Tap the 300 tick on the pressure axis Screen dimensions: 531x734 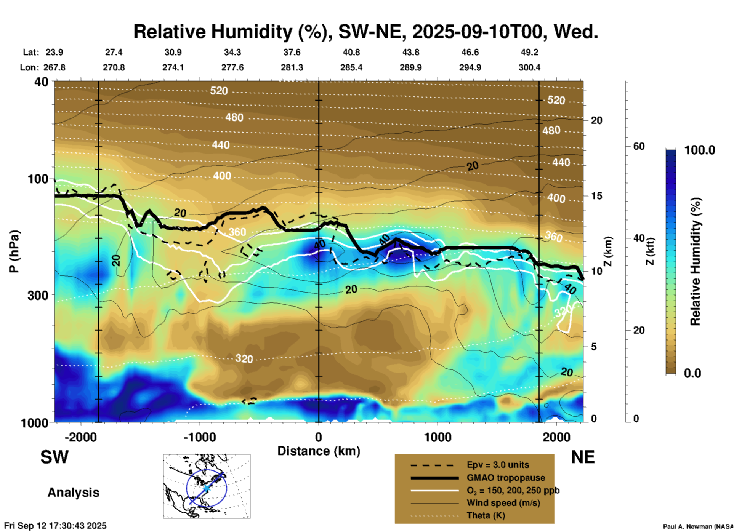pyautogui.click(x=38, y=295)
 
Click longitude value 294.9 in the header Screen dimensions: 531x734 pyautogui.click(x=470, y=67)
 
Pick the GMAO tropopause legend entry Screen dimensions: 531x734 pyautogui.click(x=506, y=478)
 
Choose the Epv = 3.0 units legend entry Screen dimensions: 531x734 pyautogui.click(x=498, y=465)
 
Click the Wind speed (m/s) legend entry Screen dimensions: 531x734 pyautogui.click(x=503, y=503)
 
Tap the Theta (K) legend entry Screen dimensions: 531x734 pyautogui.click(x=486, y=515)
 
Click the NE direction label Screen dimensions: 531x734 pyautogui.click(x=583, y=457)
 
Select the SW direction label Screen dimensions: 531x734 pyautogui.click(x=54, y=457)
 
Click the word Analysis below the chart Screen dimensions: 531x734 pyautogui.click(x=73, y=493)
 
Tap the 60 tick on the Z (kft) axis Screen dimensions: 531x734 pyautogui.click(x=639, y=146)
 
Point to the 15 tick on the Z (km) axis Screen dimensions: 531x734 pyautogui.click(x=596, y=196)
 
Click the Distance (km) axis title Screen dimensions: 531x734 pyautogui.click(x=319, y=451)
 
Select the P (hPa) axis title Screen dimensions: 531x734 pyautogui.click(x=14, y=251)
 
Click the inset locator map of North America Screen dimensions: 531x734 pyautogui.click(x=207, y=486)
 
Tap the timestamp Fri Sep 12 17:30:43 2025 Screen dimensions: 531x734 pyautogui.click(x=56, y=526)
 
